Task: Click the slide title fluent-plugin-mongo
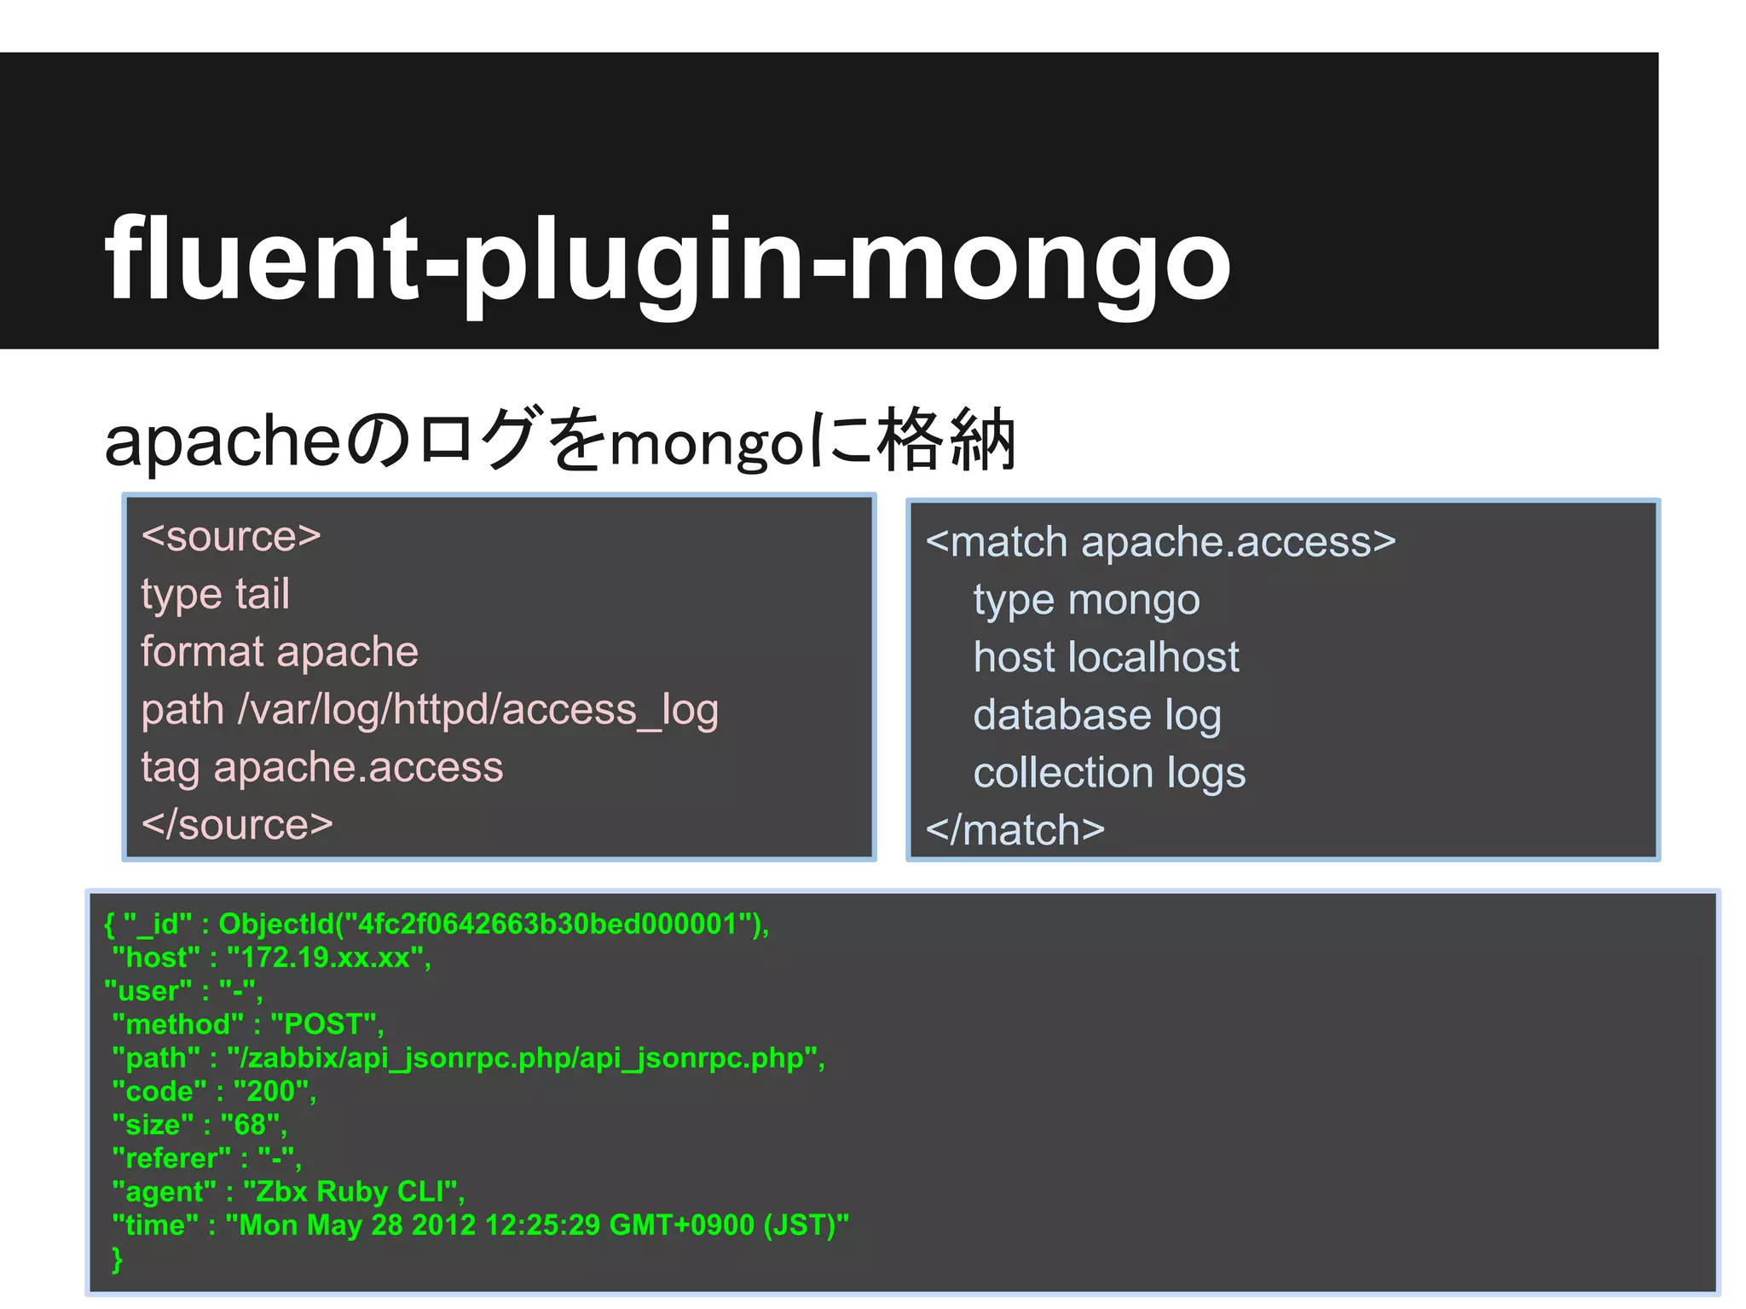pos(668,259)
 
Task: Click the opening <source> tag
pos(231,536)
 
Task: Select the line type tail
pos(215,594)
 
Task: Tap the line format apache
pos(280,652)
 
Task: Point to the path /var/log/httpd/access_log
pos(430,710)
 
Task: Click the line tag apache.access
pos(322,767)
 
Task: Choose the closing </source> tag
pos(237,825)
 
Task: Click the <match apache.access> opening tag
pos(1160,542)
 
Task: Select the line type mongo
pos(1086,600)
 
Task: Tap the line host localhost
pos(1106,657)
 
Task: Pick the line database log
pos(1096,715)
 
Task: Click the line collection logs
pos(1109,773)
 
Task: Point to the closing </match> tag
pos(1015,830)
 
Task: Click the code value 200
pos(270,1092)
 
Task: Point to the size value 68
pos(249,1125)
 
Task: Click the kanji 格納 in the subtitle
pos(946,441)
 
